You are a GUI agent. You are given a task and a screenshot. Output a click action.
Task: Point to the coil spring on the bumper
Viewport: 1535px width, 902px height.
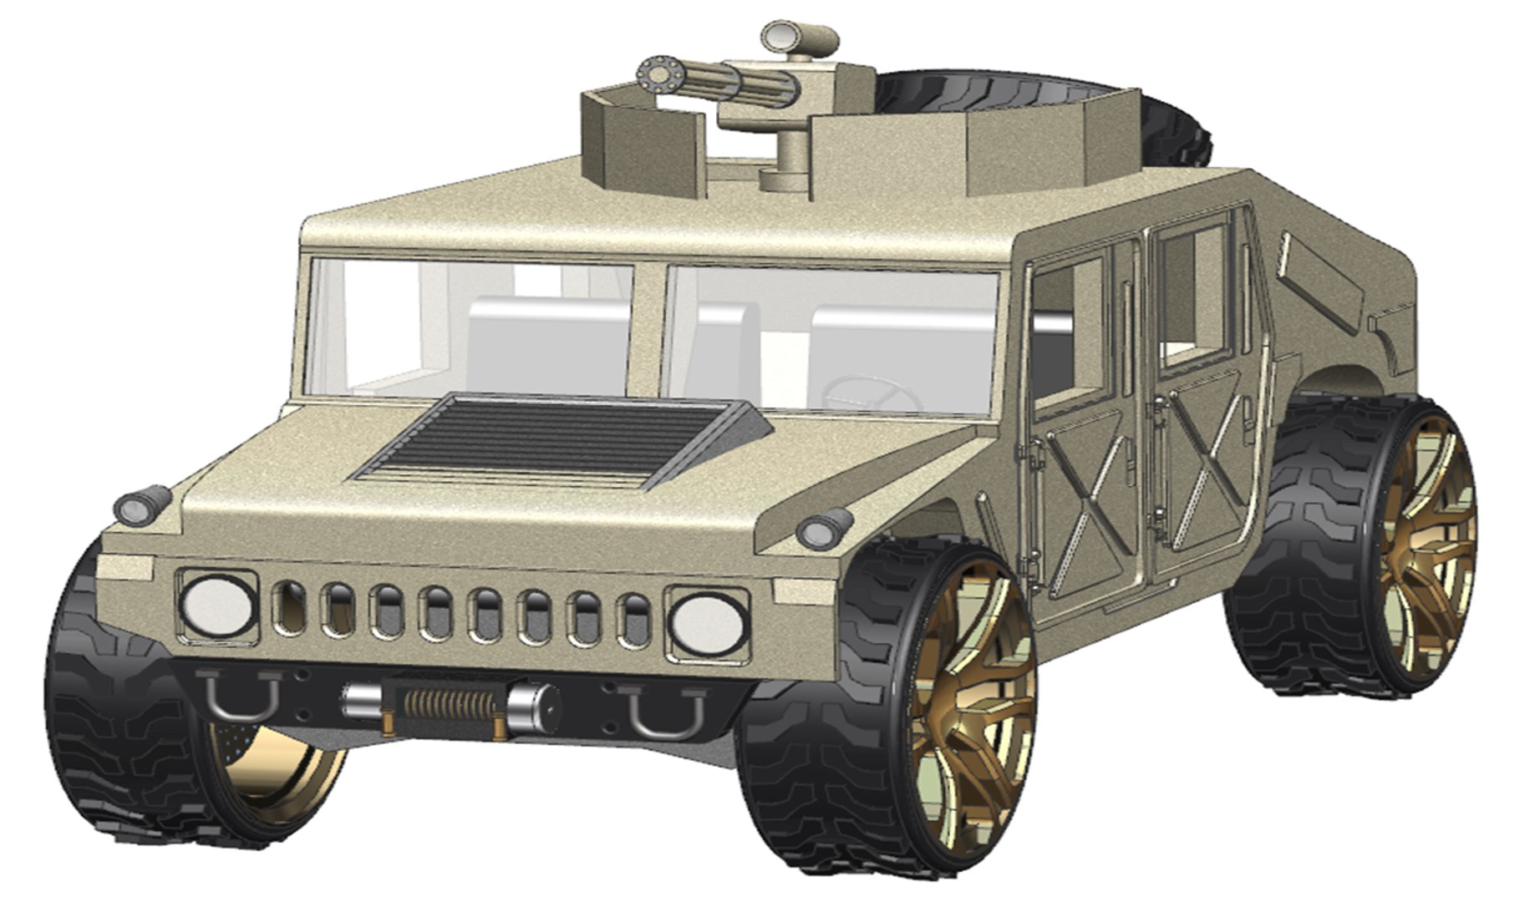click(447, 703)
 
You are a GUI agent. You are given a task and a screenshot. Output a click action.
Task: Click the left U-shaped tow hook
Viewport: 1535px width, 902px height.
click(236, 695)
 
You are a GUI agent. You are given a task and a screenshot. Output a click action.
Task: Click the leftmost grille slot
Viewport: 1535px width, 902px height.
click(288, 607)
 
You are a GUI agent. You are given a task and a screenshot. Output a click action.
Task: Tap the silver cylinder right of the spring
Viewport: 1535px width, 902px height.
click(531, 707)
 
